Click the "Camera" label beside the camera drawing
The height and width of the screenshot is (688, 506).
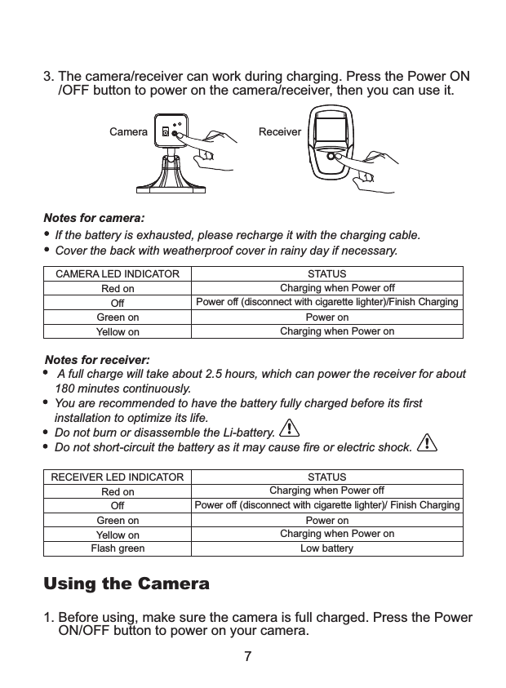coord(128,131)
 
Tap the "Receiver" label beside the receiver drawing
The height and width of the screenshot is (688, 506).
coord(280,131)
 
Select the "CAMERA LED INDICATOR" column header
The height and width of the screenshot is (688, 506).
coord(118,274)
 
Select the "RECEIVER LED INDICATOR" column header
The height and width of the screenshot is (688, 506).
coord(118,477)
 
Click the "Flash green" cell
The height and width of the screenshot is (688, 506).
coord(118,548)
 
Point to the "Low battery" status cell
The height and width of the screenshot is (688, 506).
coord(326,548)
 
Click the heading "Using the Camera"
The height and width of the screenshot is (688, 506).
coord(126,584)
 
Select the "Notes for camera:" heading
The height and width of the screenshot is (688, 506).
coord(94,218)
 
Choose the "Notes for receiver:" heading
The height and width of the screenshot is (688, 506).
coord(97,360)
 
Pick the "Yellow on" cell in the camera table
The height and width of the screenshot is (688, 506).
coord(118,332)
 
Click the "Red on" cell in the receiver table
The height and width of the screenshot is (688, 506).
coord(118,491)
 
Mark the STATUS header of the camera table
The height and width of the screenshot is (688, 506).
coord(326,274)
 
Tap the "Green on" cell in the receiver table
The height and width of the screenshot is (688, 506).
coord(118,520)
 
